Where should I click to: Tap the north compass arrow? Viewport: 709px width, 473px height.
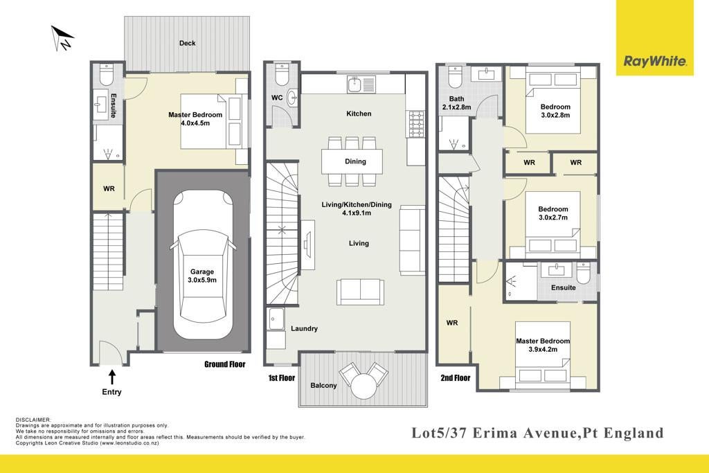coord(62,38)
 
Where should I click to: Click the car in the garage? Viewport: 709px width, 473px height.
coord(203,264)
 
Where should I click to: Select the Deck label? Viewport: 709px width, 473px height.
coord(187,43)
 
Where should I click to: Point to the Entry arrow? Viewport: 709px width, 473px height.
coord(111,377)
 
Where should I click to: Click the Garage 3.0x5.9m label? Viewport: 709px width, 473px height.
coord(202,276)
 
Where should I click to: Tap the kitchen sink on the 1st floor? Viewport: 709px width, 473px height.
coord(361,84)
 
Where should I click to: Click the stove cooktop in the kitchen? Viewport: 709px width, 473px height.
coord(416,123)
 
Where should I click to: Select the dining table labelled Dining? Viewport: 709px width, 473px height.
coord(352,161)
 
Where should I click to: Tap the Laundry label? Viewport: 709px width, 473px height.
coord(305,329)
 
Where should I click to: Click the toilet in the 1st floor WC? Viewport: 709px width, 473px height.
coord(282,75)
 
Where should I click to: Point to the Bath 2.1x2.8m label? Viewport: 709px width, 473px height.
coord(457,103)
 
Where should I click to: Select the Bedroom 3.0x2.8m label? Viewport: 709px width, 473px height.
coord(555,111)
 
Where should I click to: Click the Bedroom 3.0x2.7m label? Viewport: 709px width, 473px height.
coord(553,213)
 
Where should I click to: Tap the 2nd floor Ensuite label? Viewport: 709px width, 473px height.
coord(564,287)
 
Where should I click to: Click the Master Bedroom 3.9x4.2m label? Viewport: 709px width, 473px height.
coord(543,345)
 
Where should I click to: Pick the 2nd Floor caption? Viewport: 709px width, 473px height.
coord(456,378)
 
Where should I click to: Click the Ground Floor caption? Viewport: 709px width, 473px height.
coord(225,364)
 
